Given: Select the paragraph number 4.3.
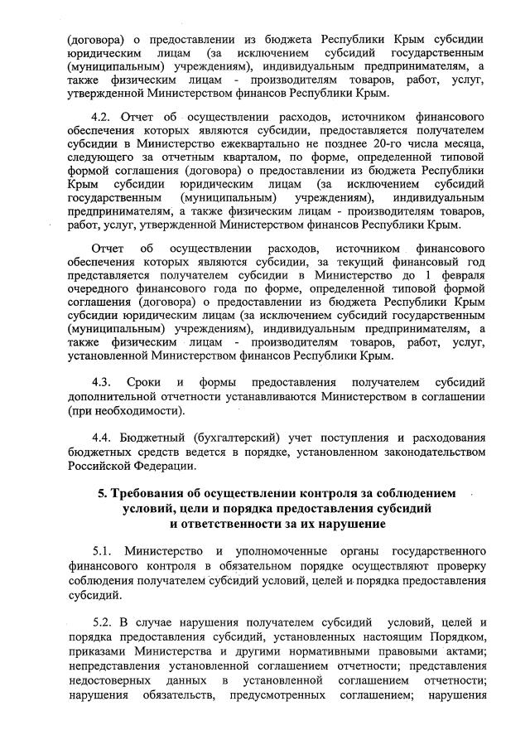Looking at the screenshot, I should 102,383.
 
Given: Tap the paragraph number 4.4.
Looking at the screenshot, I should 102,437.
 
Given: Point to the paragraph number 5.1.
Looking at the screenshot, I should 102,551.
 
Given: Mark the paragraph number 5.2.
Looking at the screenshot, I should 102,621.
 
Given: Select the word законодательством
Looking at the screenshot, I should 422,452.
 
